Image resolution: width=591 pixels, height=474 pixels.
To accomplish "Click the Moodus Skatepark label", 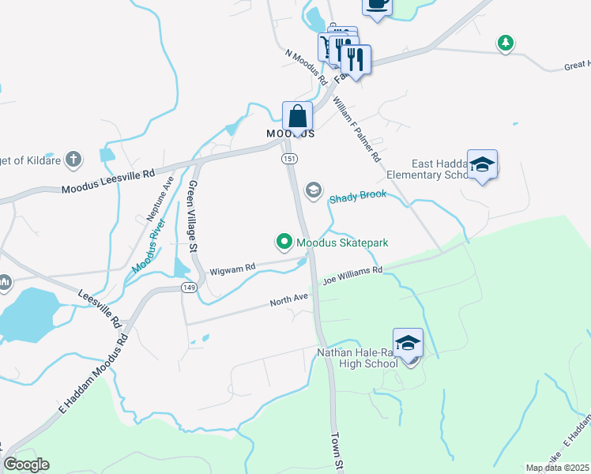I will pyautogui.click(x=341, y=243).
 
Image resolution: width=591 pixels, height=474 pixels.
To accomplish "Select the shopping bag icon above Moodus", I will pyautogui.click(x=298, y=117).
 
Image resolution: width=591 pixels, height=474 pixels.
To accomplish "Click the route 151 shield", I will pyautogui.click(x=289, y=160).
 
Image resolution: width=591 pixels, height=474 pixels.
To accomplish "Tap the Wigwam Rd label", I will pyautogui.click(x=233, y=269).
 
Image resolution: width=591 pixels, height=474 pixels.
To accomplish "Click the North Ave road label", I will pyautogui.click(x=288, y=300).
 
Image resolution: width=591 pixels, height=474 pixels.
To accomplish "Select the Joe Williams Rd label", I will pyautogui.click(x=352, y=275).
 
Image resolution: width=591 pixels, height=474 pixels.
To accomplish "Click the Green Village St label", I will pyautogui.click(x=191, y=216).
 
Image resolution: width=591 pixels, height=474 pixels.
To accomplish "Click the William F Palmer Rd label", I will pyautogui.click(x=357, y=131).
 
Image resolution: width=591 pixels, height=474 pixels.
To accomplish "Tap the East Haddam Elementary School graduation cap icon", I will pyautogui.click(x=482, y=165).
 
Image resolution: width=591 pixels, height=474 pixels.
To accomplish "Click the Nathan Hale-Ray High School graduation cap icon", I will pyautogui.click(x=408, y=344).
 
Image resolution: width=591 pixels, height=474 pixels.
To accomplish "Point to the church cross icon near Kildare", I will pyautogui.click(x=73, y=160).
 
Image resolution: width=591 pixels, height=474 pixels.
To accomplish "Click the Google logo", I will pyautogui.click(x=26, y=465).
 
